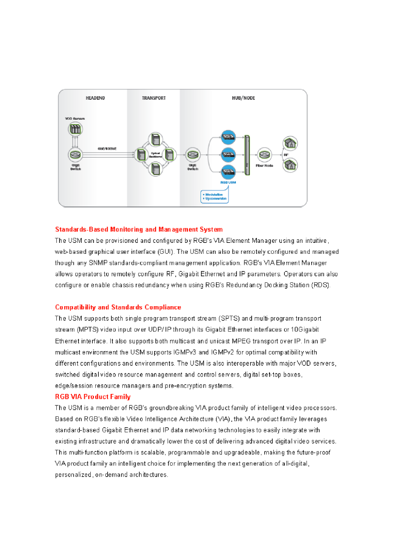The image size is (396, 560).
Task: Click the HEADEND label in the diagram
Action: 95,98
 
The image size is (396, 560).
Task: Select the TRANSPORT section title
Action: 154,98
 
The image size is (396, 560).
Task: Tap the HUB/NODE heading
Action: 243,98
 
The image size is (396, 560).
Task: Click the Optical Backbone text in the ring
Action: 155,155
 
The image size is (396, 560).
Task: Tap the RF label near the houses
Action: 286,155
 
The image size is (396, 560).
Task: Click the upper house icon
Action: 290,144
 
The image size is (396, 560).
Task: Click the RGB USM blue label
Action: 228,183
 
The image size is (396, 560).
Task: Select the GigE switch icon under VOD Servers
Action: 75,155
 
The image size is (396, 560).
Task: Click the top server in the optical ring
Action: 155,139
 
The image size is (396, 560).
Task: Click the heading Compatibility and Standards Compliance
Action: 118,307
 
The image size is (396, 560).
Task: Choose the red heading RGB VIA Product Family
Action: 93,397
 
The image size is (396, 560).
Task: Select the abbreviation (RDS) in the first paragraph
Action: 321,285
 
